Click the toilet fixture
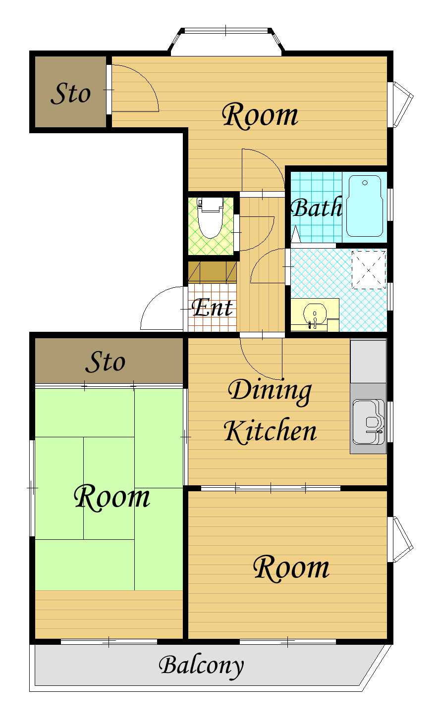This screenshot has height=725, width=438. (210, 217)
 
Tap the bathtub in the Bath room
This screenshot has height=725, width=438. (365, 206)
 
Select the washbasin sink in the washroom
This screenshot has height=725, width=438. (314, 314)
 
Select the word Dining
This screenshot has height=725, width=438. (270, 391)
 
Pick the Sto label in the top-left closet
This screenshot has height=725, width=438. (70, 94)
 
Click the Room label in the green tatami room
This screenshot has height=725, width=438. (112, 498)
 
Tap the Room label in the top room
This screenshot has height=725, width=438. (260, 115)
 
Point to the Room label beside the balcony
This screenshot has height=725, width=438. (291, 568)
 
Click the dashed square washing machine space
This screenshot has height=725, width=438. (369, 270)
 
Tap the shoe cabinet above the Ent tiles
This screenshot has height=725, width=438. (213, 272)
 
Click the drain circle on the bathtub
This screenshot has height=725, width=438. (365, 183)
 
